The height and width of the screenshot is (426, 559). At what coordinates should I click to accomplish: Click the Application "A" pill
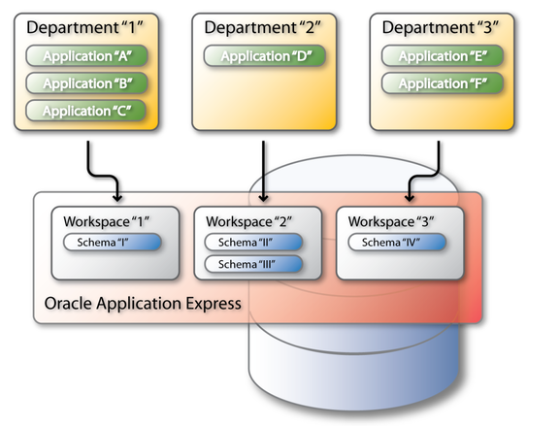click(86, 56)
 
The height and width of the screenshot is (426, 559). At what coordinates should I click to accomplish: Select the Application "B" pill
click(86, 83)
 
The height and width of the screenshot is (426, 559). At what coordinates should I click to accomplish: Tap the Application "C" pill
click(86, 111)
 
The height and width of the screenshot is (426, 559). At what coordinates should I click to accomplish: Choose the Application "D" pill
click(265, 56)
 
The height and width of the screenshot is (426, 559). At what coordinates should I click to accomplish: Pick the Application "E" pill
click(443, 56)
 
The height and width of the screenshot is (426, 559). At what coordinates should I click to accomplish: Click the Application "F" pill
click(443, 83)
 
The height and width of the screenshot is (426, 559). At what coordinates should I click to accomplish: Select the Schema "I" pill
click(113, 243)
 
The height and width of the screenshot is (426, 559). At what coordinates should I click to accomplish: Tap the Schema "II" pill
click(253, 243)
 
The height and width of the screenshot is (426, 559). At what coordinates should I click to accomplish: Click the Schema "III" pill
click(253, 264)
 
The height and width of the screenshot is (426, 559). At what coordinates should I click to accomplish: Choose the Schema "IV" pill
click(397, 243)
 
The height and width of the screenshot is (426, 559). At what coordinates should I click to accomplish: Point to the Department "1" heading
click(84, 27)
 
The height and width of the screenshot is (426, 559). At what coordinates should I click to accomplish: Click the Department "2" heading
click(262, 27)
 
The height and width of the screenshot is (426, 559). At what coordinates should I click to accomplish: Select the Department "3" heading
click(441, 27)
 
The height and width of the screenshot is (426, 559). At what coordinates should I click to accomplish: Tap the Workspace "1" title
click(106, 221)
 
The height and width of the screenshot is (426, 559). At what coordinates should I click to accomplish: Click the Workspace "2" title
click(248, 221)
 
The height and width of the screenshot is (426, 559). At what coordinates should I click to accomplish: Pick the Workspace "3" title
click(391, 221)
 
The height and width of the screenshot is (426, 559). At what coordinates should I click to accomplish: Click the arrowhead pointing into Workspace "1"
click(117, 198)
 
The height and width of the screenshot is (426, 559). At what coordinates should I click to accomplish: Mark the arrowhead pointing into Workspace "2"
click(263, 198)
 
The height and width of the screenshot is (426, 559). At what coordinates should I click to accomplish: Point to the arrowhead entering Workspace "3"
click(410, 198)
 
